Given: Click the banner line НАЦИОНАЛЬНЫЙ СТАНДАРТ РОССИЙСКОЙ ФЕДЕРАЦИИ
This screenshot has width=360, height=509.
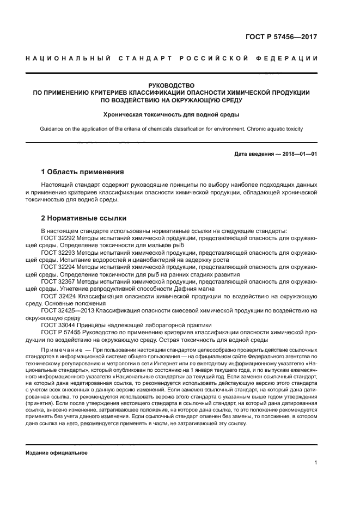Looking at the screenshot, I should tap(172, 58).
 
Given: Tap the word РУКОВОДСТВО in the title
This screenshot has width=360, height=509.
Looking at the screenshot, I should tap(172, 85).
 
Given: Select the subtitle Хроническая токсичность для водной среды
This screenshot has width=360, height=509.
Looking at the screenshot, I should tap(172, 114).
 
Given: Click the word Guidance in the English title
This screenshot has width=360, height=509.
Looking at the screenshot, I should tap(53, 129).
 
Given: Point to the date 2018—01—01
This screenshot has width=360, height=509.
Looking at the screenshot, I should tap(299, 154).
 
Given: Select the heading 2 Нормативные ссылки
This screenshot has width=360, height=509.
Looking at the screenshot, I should tap(84, 218).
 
